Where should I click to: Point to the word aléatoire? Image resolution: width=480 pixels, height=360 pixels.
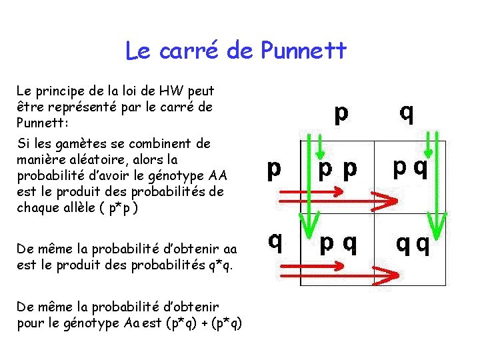[x=118, y=159]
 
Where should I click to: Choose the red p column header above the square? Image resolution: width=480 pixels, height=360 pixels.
[x=341, y=114]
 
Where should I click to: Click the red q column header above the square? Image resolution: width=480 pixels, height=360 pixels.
[x=406, y=113]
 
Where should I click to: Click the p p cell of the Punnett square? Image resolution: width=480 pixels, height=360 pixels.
[x=337, y=171]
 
